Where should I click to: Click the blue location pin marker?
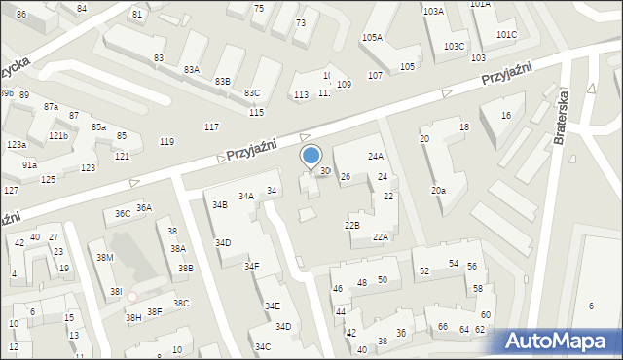pyautogui.click(x=311, y=157)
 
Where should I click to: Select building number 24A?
pyautogui.click(x=375, y=156)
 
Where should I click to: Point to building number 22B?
pyautogui.click(x=351, y=225)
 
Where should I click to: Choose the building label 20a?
pyautogui.click(x=439, y=190)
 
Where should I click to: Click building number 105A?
pyautogui.click(x=372, y=37)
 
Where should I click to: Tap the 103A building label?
pyautogui.click(x=433, y=11)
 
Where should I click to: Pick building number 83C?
pyautogui.click(x=252, y=92)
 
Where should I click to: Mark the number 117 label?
pyautogui.click(x=211, y=127)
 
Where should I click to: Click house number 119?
pyautogui.click(x=166, y=142)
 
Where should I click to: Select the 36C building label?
pyautogui.click(x=123, y=213)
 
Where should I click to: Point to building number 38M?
pyautogui.click(x=105, y=257)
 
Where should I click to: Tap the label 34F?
pyautogui.click(x=251, y=266)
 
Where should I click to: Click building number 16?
pyautogui.click(x=505, y=116)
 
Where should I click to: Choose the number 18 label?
pyautogui.click(x=464, y=127)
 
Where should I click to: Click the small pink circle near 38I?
pyautogui.click(x=132, y=297)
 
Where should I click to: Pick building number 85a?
pyautogui.click(x=98, y=127)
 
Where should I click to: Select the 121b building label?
pyautogui.click(x=58, y=136)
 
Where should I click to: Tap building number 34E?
pyautogui.click(x=272, y=306)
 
